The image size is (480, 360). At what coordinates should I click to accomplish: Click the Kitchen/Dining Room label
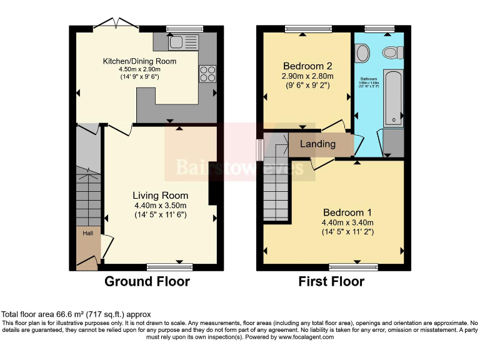click(x=139, y=61)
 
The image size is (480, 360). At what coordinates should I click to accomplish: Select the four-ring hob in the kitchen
click(x=207, y=74)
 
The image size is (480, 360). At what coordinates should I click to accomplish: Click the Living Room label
click(x=161, y=196)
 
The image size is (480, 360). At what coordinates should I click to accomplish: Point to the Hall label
click(x=88, y=233)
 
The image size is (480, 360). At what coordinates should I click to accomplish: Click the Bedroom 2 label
click(x=307, y=66)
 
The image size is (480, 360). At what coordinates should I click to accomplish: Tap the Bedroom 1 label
click(x=347, y=212)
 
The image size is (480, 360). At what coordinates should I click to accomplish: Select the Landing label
click(x=317, y=144)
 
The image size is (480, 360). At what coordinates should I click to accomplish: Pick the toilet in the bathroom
click(x=392, y=52)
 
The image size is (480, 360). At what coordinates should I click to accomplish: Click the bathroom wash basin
click(x=362, y=54)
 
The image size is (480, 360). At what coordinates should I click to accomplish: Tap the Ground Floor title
click(x=147, y=282)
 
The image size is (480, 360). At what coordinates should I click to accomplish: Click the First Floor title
click(x=331, y=282)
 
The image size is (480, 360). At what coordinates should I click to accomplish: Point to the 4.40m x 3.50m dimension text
click(x=161, y=206)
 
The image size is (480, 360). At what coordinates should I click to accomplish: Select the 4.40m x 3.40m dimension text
click(x=347, y=222)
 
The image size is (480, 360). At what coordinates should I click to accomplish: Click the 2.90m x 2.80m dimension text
click(x=307, y=76)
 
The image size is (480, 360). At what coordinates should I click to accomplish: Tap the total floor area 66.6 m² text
click(x=76, y=314)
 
